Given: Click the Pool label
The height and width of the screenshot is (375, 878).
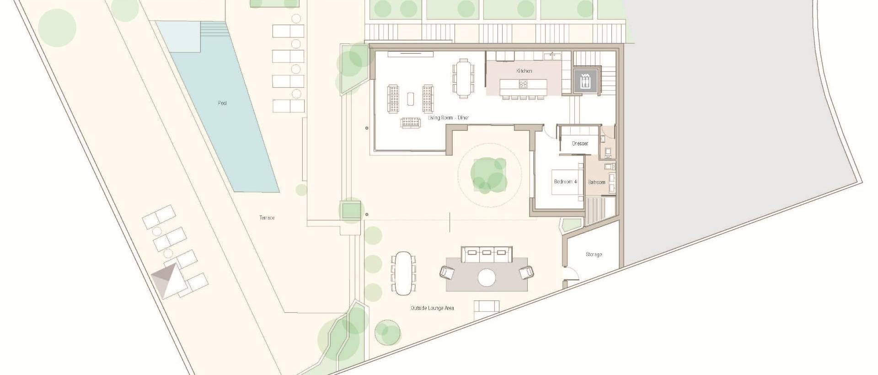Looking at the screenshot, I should pos(222,103).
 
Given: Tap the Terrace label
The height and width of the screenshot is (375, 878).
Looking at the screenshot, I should pos(267,218).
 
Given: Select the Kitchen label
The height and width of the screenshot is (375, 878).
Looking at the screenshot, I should pos(524,71).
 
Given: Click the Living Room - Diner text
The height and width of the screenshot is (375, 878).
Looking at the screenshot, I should pos(448,118).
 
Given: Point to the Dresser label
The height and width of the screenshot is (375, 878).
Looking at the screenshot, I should pos(580,144).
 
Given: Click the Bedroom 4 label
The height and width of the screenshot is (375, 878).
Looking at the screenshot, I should pos(565,182).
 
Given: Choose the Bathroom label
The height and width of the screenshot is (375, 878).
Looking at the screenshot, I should pos(597,182).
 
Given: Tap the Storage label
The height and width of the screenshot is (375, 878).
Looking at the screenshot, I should pos(594,254).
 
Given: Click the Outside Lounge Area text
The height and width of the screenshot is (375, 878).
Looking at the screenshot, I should pos(432,308).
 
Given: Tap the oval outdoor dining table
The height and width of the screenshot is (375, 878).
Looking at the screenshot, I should pos(404,273).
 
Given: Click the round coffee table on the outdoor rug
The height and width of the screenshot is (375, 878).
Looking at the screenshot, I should pos(487,277).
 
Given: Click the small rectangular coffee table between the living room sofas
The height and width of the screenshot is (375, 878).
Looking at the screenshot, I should pos(410,99).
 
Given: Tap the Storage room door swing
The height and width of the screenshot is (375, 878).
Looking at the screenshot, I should pos(571,274).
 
